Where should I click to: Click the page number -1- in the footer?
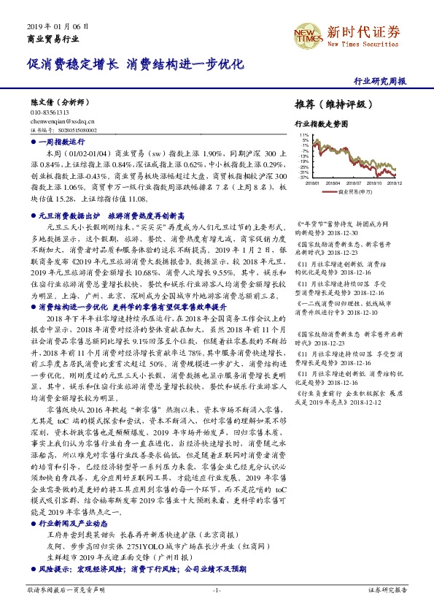217,589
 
